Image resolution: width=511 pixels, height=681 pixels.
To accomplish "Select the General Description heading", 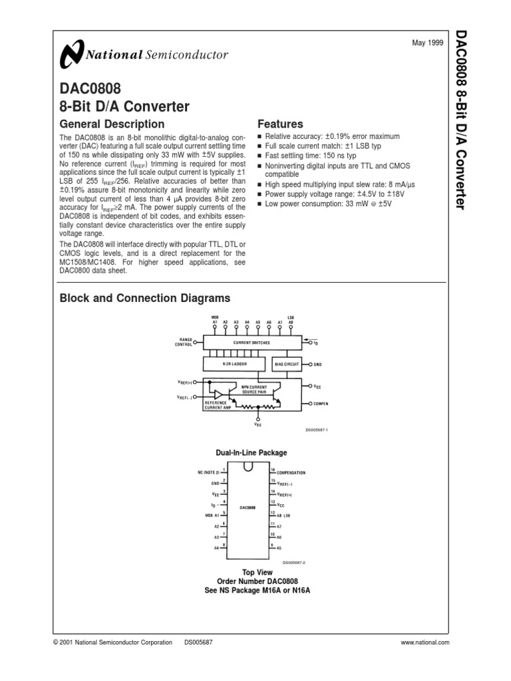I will tap(112, 124).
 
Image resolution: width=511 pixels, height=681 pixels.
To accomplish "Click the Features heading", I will tap(280, 124).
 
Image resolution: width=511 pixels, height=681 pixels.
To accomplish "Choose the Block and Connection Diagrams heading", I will tap(145, 298).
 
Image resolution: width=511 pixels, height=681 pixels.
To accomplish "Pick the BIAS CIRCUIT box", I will tap(287, 364).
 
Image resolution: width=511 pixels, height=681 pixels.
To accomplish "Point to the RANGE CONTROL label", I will tap(183, 342).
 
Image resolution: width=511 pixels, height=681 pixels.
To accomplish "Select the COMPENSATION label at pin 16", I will tap(291, 473).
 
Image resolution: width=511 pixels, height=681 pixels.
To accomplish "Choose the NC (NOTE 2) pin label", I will tap(208, 472).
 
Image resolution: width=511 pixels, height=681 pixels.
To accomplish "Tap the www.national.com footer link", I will tap(426, 642).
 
